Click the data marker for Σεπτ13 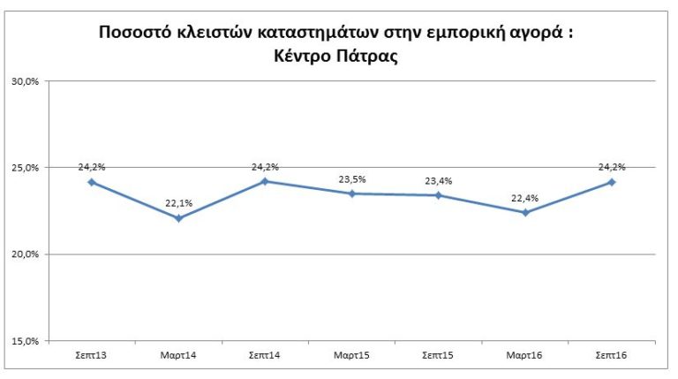(92, 182)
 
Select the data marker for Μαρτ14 (178, 217)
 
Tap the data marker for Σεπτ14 (265, 181)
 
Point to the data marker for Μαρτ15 (351, 193)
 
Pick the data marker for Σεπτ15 (439, 195)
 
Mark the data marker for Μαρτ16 (525, 212)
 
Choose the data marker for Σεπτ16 (612, 182)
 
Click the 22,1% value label (178, 202)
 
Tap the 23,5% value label (352, 178)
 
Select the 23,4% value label (439, 180)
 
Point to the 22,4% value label (525, 197)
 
